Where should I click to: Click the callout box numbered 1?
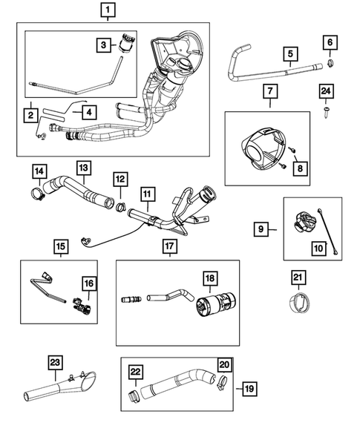coord(108,10)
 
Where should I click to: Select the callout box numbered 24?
coord(326,91)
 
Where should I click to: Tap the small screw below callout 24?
coord(326,112)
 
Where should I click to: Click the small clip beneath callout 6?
coord(330,64)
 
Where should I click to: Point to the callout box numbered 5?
coord(290,53)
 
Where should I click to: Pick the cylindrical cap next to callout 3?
coord(128,42)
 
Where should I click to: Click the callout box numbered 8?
coord(300,168)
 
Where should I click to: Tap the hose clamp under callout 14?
coord(38,194)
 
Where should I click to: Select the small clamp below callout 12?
coord(121,207)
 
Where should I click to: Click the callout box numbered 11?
coord(148,194)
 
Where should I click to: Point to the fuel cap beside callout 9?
coord(305,222)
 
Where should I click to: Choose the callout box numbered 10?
coord(318,248)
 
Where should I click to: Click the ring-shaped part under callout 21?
coord(298,303)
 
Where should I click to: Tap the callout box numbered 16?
coord(89,283)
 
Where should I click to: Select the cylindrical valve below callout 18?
coord(216,304)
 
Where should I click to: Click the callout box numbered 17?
coord(169,247)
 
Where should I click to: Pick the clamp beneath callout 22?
coord(134,397)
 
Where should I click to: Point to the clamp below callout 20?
coord(222,383)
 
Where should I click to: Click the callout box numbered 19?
coord(249,389)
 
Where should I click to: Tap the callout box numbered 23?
coord(55,362)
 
